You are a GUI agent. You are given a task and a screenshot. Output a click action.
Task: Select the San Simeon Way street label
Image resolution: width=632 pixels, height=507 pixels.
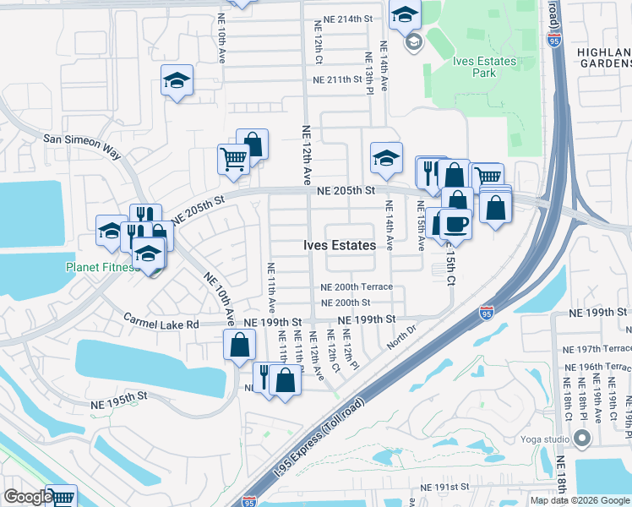point(82,140)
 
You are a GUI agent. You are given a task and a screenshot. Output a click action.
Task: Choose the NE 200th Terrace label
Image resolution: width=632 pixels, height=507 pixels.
point(357,287)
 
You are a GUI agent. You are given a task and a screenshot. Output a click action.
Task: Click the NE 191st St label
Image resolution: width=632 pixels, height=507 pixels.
point(444,488)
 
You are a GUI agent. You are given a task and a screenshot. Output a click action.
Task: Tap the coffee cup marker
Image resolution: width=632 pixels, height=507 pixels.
point(455,224)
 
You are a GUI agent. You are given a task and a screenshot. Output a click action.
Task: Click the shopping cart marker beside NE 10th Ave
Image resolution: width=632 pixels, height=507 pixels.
point(233,158)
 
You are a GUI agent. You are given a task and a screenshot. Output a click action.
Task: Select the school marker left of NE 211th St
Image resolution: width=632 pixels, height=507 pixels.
point(177,81)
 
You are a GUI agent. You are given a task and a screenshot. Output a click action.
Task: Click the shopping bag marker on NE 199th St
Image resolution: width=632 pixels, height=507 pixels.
point(240,344)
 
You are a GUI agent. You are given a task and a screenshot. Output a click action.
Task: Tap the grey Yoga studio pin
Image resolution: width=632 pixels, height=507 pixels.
point(581,438)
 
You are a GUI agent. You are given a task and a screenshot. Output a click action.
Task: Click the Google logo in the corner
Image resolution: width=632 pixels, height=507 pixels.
point(28,497)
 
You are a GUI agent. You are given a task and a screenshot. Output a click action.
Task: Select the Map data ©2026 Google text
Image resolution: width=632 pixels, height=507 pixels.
point(580,500)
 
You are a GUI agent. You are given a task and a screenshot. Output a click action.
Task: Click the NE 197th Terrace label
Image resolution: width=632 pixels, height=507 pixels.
point(596,348)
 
